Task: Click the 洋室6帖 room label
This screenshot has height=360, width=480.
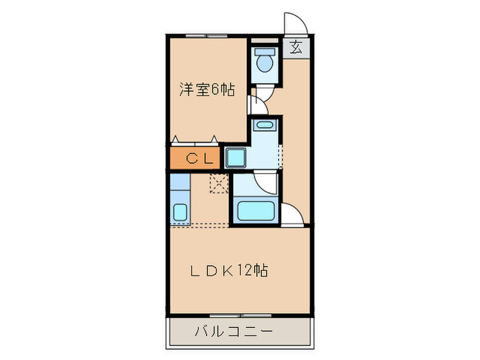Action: point(207,89)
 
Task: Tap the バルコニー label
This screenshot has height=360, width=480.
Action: point(234,332)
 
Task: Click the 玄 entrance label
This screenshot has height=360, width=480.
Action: point(296,49)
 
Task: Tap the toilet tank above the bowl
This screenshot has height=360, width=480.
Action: point(263,51)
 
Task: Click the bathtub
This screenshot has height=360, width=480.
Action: point(256,211)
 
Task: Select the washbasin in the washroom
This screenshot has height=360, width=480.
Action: point(264,125)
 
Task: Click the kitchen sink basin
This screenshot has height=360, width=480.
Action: point(180,213)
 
